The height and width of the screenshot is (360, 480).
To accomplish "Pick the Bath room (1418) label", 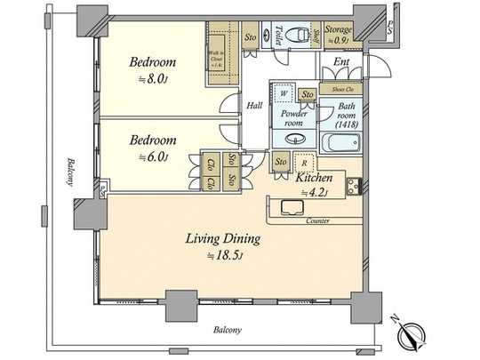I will (x=344, y=117).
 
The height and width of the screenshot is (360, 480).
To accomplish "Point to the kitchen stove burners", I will (x=354, y=187).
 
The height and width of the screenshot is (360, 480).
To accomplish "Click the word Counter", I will (x=317, y=220).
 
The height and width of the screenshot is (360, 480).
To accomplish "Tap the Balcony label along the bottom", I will (x=228, y=330).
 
